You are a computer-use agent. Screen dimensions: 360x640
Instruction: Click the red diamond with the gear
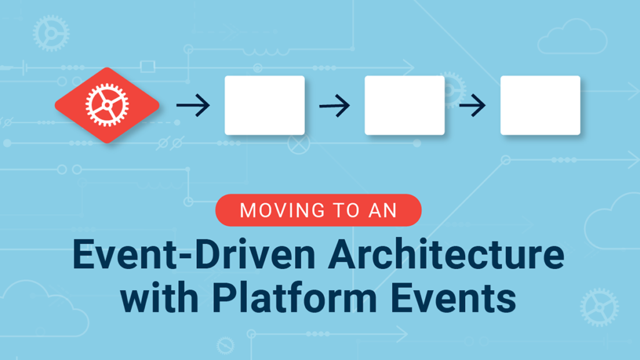(x=106, y=105)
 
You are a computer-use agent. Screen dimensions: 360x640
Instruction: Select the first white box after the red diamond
(x=264, y=105)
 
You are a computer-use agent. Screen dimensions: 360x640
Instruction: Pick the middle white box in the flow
(x=404, y=105)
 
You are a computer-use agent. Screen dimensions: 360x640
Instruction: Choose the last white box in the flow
(x=540, y=105)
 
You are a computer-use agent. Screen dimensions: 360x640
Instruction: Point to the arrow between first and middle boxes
(x=334, y=106)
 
